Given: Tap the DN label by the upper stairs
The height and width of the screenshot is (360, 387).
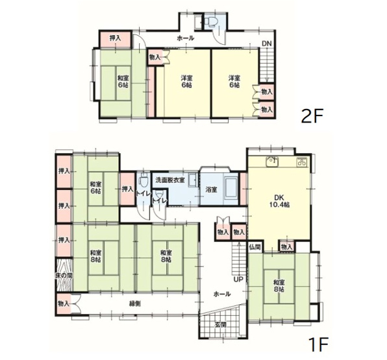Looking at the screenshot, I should [267, 43].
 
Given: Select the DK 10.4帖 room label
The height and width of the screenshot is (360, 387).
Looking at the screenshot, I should [279, 200].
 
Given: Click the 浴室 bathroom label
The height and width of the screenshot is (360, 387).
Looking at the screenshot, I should [212, 190].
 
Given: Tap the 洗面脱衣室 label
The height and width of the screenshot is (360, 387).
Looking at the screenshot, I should [169, 179].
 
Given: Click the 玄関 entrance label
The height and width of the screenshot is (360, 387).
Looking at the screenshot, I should [221, 324].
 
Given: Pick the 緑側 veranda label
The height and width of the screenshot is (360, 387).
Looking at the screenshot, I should [136, 304].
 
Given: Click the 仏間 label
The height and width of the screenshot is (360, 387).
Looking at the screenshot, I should [255, 247].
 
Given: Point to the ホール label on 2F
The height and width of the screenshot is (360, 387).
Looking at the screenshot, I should [185, 39].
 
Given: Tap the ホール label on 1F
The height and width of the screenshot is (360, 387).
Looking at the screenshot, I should [223, 293].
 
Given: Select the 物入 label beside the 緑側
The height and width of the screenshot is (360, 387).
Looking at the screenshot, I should [64, 304].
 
